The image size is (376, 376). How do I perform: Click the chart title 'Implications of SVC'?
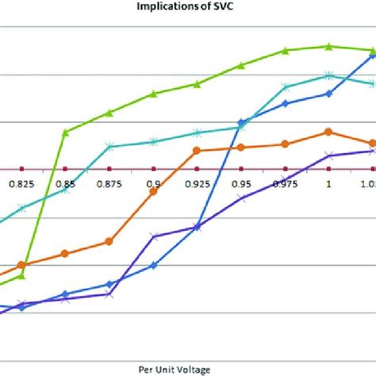187,9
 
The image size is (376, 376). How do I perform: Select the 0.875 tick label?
109,183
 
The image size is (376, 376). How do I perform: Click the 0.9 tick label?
153,183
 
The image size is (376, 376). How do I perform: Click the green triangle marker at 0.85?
66,132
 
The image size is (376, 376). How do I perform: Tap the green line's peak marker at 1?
328,47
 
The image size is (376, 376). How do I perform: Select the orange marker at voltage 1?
328,132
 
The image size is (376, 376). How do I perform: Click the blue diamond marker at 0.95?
241,122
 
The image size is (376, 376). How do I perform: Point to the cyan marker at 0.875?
109,146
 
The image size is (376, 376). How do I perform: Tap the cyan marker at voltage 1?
328,75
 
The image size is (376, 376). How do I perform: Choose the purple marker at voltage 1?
328,155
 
